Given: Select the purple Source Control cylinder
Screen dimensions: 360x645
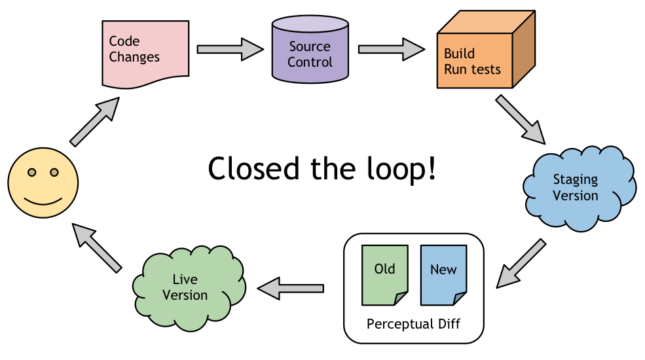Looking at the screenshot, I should [x=310, y=52].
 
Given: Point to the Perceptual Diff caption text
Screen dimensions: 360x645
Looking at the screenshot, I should [x=414, y=325].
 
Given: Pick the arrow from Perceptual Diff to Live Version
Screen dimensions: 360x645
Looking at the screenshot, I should [x=291, y=287].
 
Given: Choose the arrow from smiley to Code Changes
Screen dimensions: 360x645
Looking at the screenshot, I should [x=95, y=122].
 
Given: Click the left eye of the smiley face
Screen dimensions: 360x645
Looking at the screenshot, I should [x=31, y=173].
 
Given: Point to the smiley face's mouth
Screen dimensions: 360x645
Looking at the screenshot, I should [x=43, y=198].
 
